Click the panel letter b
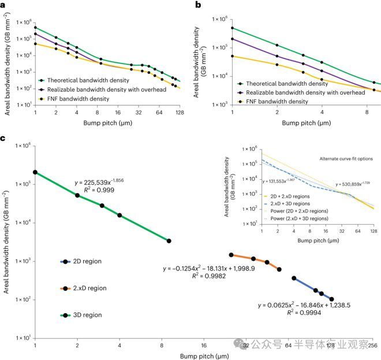click(199, 5)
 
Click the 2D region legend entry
click(84, 261)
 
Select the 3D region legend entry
click(84, 315)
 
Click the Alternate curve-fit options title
click(343, 158)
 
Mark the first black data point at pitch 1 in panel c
click(35, 172)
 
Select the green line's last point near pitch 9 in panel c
click(169, 241)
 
